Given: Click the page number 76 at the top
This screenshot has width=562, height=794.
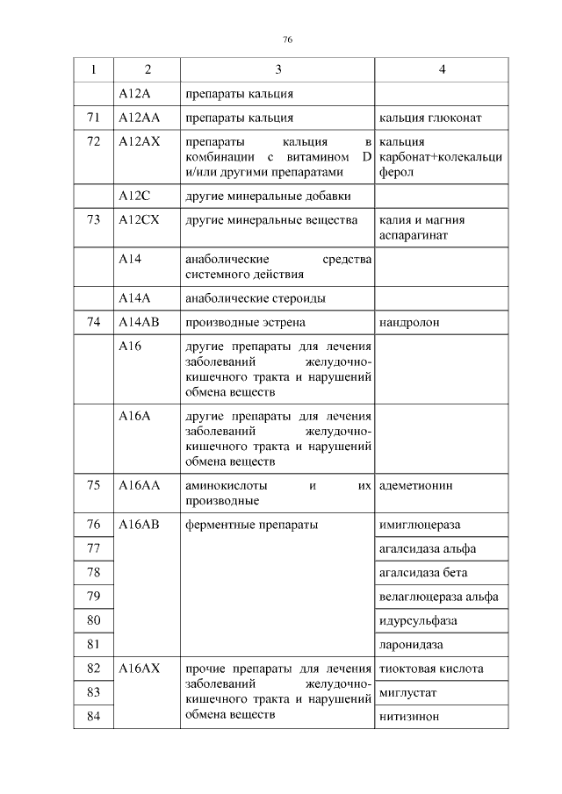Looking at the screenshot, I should click(286, 40).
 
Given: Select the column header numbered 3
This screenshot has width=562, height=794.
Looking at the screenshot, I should click(278, 69).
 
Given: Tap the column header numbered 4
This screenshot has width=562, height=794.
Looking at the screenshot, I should click(442, 69).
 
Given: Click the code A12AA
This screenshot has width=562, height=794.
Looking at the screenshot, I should click(138, 118).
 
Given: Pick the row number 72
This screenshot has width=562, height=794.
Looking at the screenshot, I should click(94, 142).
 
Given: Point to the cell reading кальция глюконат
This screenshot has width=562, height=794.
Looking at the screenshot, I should click(429, 118).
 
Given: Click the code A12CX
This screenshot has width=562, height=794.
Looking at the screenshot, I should click(139, 220).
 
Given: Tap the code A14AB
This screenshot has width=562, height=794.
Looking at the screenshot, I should click(139, 323).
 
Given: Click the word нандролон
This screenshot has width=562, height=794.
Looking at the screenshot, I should click(409, 323).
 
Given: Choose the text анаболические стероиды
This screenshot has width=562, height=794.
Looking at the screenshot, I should click(256, 298).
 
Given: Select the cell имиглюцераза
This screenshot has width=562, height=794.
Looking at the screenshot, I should click(420, 526).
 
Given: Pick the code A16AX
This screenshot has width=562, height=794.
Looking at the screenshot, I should click(139, 669).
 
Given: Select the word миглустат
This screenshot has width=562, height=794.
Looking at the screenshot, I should click(408, 693).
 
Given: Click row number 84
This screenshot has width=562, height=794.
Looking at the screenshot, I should click(94, 717).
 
